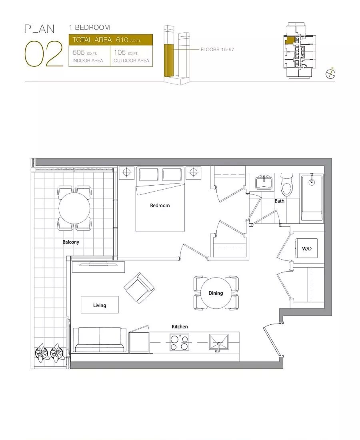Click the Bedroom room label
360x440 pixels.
[160, 206]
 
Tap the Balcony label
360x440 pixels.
[71, 242]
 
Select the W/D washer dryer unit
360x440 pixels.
[307, 248]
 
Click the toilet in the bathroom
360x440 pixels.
[287, 185]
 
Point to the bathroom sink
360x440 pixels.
[264, 182]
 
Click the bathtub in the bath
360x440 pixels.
[312, 198]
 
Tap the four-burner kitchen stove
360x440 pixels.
[179, 342]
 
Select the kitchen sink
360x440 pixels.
[219, 342]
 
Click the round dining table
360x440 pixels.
[216, 293]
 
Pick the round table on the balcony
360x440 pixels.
[74, 208]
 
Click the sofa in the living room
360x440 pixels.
[99, 340]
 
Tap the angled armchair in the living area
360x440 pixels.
[140, 288]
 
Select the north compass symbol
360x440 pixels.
[330, 74]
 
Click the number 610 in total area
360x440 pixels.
[122, 40]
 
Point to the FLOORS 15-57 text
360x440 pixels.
[217, 49]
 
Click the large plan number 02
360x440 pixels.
[44, 54]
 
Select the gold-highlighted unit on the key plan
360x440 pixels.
[290, 40]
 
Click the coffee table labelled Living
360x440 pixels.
[100, 305]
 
